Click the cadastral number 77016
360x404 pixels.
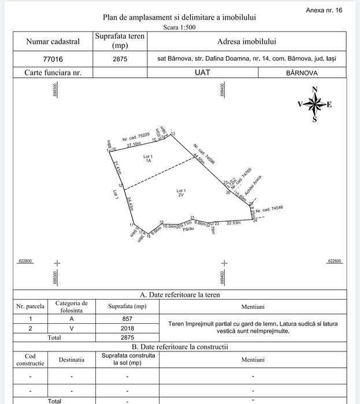(x=53, y=59)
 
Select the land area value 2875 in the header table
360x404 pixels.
(x=120, y=59)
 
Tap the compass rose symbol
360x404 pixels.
(x=314, y=104)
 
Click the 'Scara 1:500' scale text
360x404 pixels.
(x=179, y=27)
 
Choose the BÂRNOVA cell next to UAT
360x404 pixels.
(x=302, y=73)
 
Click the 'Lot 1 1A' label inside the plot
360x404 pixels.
(x=148, y=159)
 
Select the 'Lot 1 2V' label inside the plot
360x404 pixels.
(x=181, y=193)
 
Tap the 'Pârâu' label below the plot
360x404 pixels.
(x=187, y=230)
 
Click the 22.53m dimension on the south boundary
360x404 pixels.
(x=233, y=223)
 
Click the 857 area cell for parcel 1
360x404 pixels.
(x=127, y=319)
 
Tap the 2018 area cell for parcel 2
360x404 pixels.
(x=127, y=328)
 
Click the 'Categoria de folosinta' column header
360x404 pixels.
(x=72, y=306)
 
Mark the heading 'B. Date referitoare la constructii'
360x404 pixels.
(x=180, y=347)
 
